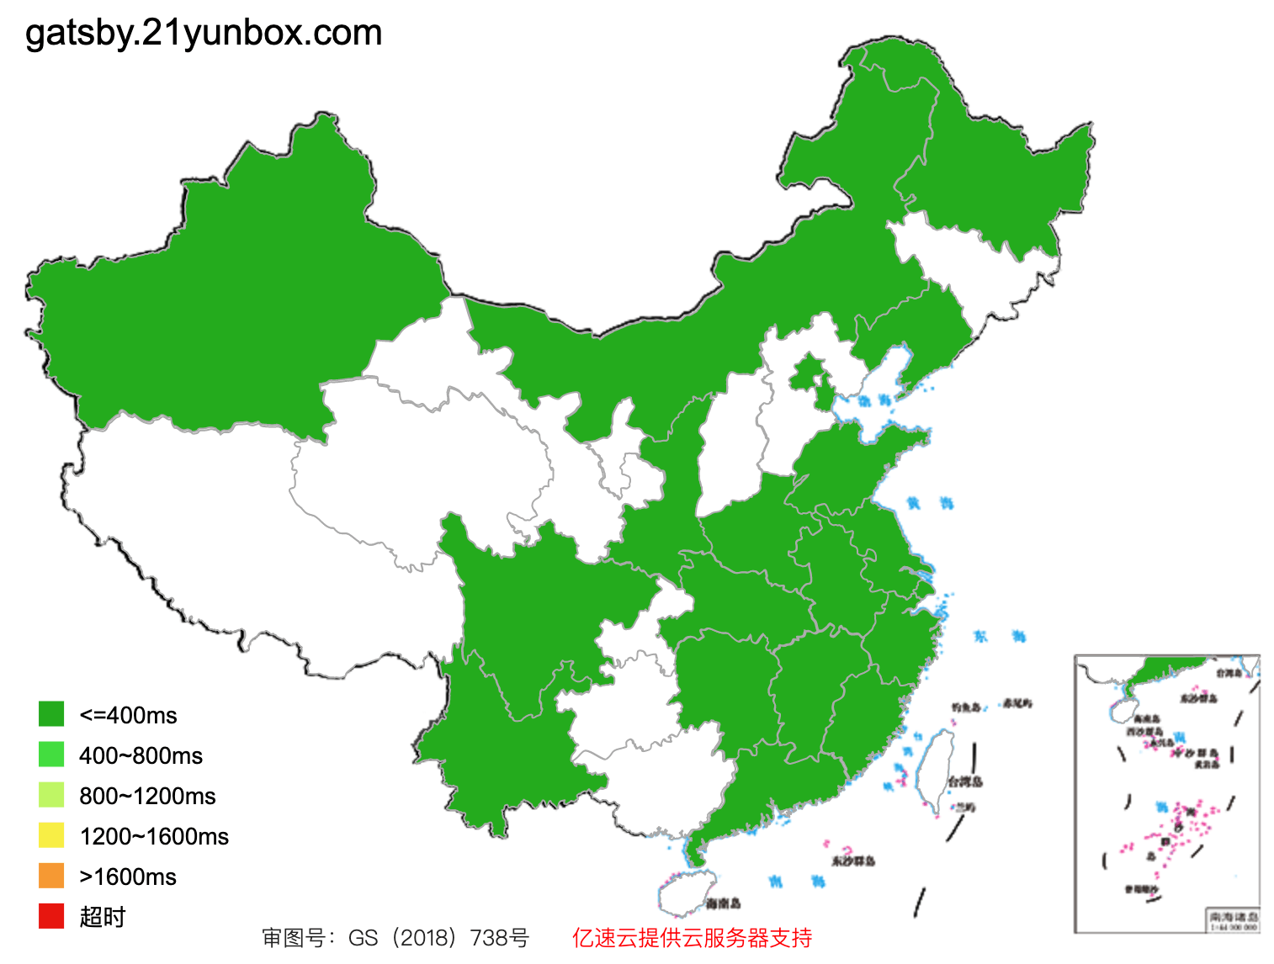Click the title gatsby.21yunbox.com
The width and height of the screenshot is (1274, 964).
[204, 34]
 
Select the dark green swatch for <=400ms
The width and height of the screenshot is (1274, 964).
[51, 714]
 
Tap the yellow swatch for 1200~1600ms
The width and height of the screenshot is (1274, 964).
[51, 835]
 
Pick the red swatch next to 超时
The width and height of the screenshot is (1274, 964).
[51, 916]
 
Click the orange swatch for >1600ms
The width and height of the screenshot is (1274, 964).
[51, 876]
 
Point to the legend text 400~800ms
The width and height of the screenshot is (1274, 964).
[141, 755]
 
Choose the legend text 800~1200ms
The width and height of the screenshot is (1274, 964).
[147, 796]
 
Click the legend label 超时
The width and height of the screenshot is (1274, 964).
[102, 917]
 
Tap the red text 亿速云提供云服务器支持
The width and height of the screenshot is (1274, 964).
[692, 938]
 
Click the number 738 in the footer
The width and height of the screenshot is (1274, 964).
[489, 938]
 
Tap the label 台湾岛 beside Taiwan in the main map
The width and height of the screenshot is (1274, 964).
[965, 782]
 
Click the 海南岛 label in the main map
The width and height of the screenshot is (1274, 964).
[724, 904]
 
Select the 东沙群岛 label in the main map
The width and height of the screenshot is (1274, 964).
[853, 861]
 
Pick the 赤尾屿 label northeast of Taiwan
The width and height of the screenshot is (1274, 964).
[1017, 703]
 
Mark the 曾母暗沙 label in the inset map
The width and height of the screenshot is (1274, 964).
[1141, 889]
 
